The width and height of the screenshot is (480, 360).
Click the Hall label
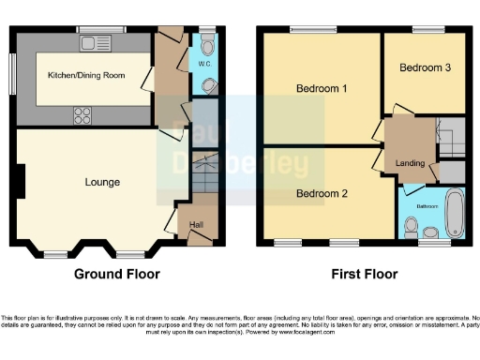point(197,224)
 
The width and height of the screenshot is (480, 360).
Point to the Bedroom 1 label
point(322,89)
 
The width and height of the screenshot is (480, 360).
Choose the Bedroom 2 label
point(322,194)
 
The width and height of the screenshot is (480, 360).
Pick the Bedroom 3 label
point(425,67)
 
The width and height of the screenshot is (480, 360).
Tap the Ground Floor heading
point(117,275)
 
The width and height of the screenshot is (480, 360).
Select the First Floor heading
point(365,275)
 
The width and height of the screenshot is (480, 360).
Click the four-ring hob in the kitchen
point(82,115)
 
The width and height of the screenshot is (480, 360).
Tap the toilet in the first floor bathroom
point(411,226)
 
